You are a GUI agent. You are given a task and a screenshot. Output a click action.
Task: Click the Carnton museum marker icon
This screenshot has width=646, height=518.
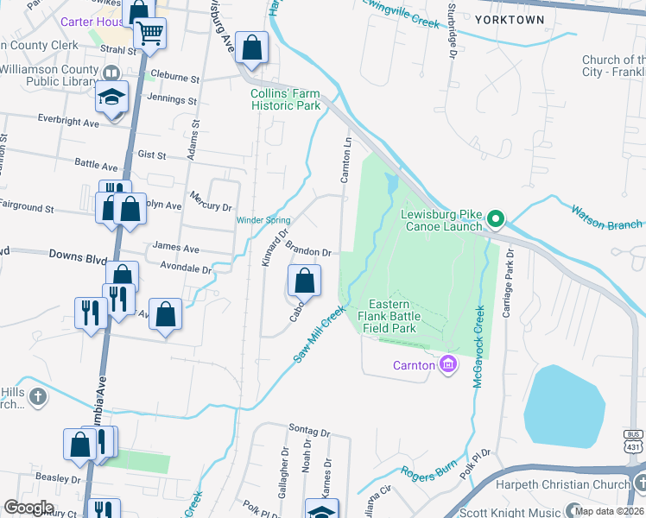447,365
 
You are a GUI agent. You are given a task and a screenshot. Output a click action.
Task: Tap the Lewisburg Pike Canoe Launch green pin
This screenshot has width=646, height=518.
495,220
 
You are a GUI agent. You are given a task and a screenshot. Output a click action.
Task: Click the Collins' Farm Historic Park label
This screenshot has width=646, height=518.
285,99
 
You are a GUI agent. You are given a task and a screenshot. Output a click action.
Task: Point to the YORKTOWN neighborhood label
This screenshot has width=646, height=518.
510,20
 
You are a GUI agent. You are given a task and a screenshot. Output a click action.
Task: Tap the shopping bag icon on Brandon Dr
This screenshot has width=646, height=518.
304,281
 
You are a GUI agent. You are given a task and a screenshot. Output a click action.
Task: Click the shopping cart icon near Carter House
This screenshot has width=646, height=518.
150,34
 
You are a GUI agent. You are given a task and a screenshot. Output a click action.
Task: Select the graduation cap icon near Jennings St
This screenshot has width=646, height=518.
111,97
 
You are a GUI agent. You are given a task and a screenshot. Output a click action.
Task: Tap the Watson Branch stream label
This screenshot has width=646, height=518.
608,218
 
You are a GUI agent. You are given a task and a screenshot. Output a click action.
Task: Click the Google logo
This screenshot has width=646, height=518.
29,508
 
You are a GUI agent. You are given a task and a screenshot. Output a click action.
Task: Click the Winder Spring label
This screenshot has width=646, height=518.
263,220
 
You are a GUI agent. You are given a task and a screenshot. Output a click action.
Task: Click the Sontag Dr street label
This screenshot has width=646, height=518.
310,431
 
